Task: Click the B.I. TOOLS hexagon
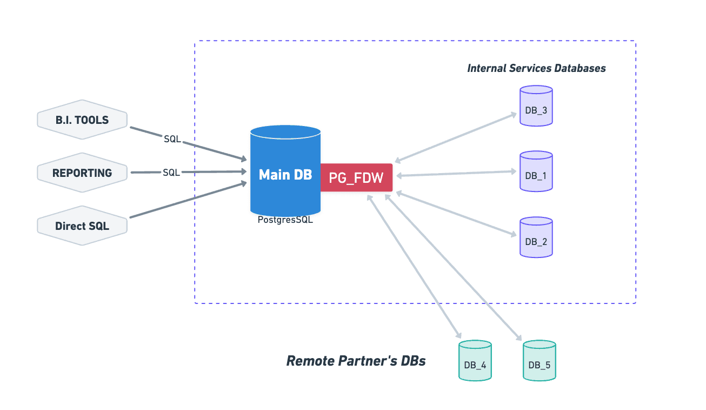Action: pyautogui.click(x=82, y=120)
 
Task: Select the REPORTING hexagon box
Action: pyautogui.click(x=82, y=173)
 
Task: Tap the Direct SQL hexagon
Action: pyautogui.click(x=82, y=226)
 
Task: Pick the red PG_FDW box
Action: pyautogui.click(x=356, y=177)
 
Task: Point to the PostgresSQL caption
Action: pyautogui.click(x=285, y=220)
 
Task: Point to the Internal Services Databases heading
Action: pyautogui.click(x=536, y=68)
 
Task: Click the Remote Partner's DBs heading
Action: pyautogui.click(x=356, y=361)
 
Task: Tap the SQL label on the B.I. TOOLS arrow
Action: pyautogui.click(x=172, y=139)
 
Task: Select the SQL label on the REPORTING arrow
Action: pyautogui.click(x=171, y=173)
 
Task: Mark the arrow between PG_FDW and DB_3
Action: pyautogui.click(x=456, y=137)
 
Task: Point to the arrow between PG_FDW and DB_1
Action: pyautogui.click(x=456, y=174)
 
